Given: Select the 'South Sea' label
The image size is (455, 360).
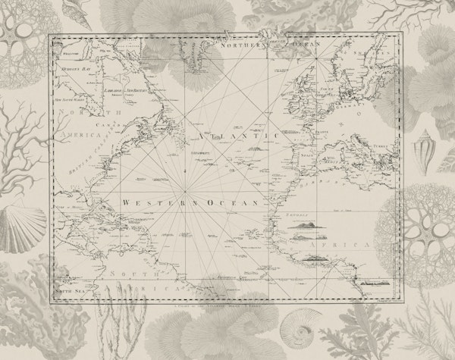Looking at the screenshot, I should (x=67, y=290).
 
